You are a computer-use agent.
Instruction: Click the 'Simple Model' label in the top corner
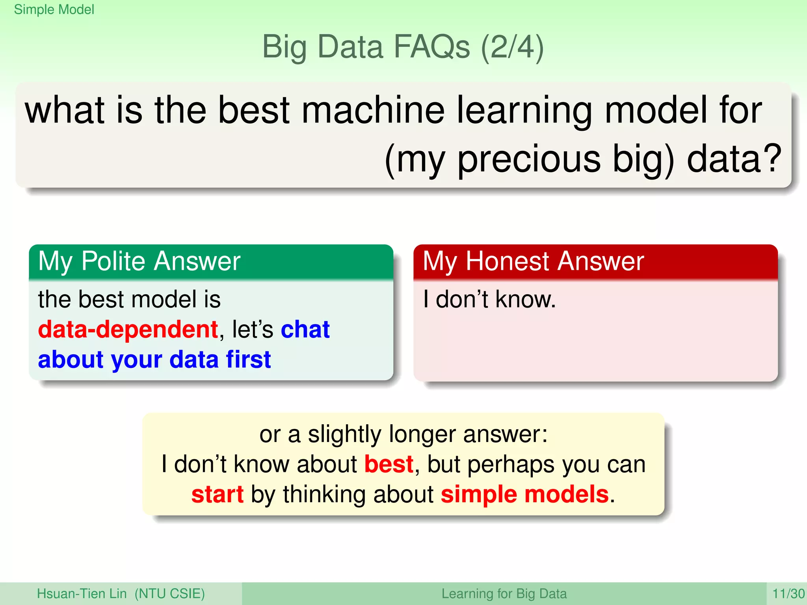[54, 9]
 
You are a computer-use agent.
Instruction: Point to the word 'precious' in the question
[529, 160]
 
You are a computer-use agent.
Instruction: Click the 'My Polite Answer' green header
[139, 262]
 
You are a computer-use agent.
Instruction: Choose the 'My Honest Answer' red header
[533, 262]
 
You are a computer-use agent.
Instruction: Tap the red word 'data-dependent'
[128, 329]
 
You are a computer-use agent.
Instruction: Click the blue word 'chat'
[305, 329]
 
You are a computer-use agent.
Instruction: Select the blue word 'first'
[248, 359]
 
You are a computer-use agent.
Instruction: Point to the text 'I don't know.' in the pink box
[489, 299]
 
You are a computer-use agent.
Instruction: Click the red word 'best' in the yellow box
[389, 464]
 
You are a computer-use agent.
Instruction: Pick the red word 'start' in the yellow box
[218, 494]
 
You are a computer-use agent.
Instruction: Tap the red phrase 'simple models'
[524, 494]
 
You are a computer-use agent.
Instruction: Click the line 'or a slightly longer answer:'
[403, 434]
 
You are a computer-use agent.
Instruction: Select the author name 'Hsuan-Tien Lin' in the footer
[82, 594]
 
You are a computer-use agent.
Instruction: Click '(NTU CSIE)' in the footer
[169, 594]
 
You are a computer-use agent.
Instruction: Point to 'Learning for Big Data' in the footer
[504, 594]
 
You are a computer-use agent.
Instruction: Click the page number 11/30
[788, 594]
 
